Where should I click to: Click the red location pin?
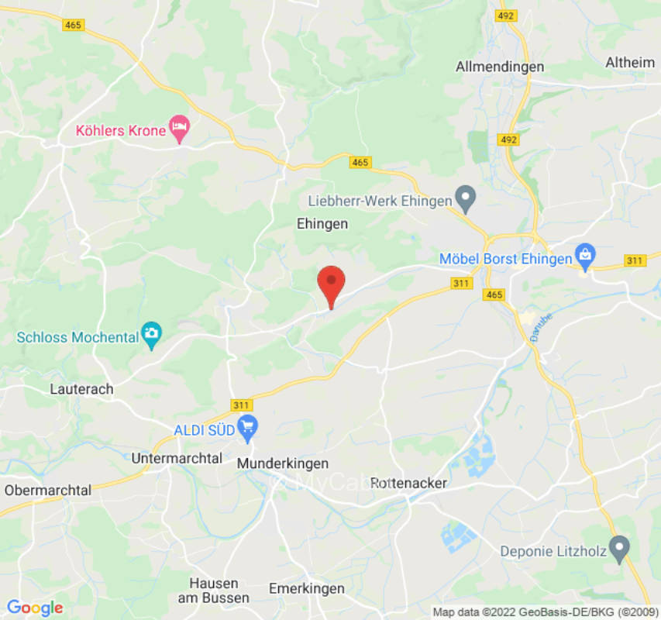(332, 283)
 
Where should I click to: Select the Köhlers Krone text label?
(121, 130)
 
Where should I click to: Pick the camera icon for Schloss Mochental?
(152, 335)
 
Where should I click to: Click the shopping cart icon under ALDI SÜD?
(247, 426)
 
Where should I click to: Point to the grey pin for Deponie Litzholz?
(618, 549)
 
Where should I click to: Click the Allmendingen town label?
(500, 67)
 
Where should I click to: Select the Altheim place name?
(630, 62)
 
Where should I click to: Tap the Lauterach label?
(81, 389)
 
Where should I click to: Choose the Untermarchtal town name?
(177, 458)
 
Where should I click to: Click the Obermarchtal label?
(48, 490)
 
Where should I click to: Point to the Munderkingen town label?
(282, 463)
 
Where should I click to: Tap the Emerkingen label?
(306, 589)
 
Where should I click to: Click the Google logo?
(35, 608)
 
